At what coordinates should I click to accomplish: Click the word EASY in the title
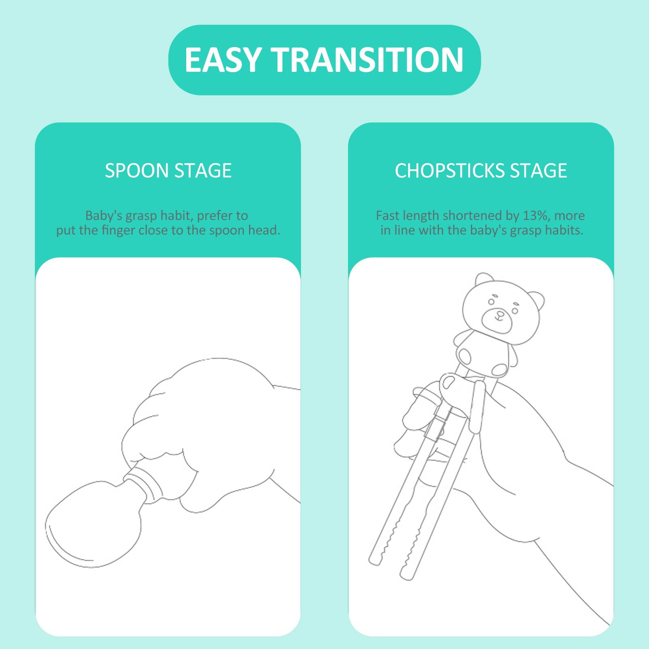click(223, 60)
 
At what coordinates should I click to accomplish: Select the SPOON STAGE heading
click(168, 170)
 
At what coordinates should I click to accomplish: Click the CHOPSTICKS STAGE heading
click(481, 170)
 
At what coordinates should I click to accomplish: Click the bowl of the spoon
click(93, 523)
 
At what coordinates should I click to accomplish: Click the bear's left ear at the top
click(485, 280)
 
